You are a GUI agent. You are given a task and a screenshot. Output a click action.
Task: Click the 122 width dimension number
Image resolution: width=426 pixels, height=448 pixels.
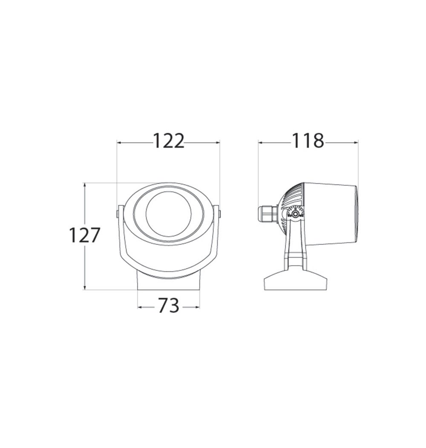pyautogui.click(x=169, y=141)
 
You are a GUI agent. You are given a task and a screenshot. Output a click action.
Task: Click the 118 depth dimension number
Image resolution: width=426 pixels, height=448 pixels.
pyautogui.click(x=307, y=141)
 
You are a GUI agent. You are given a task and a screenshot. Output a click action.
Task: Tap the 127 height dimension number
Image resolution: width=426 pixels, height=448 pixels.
pyautogui.click(x=85, y=235)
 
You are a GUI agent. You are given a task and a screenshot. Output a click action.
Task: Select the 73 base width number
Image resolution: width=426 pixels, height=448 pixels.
pyautogui.click(x=168, y=305)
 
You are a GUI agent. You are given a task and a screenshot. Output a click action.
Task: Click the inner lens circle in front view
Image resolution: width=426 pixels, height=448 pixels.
pyautogui.click(x=169, y=214)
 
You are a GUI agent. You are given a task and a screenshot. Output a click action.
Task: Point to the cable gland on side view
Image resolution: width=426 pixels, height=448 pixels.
pyautogui.click(x=268, y=214)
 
